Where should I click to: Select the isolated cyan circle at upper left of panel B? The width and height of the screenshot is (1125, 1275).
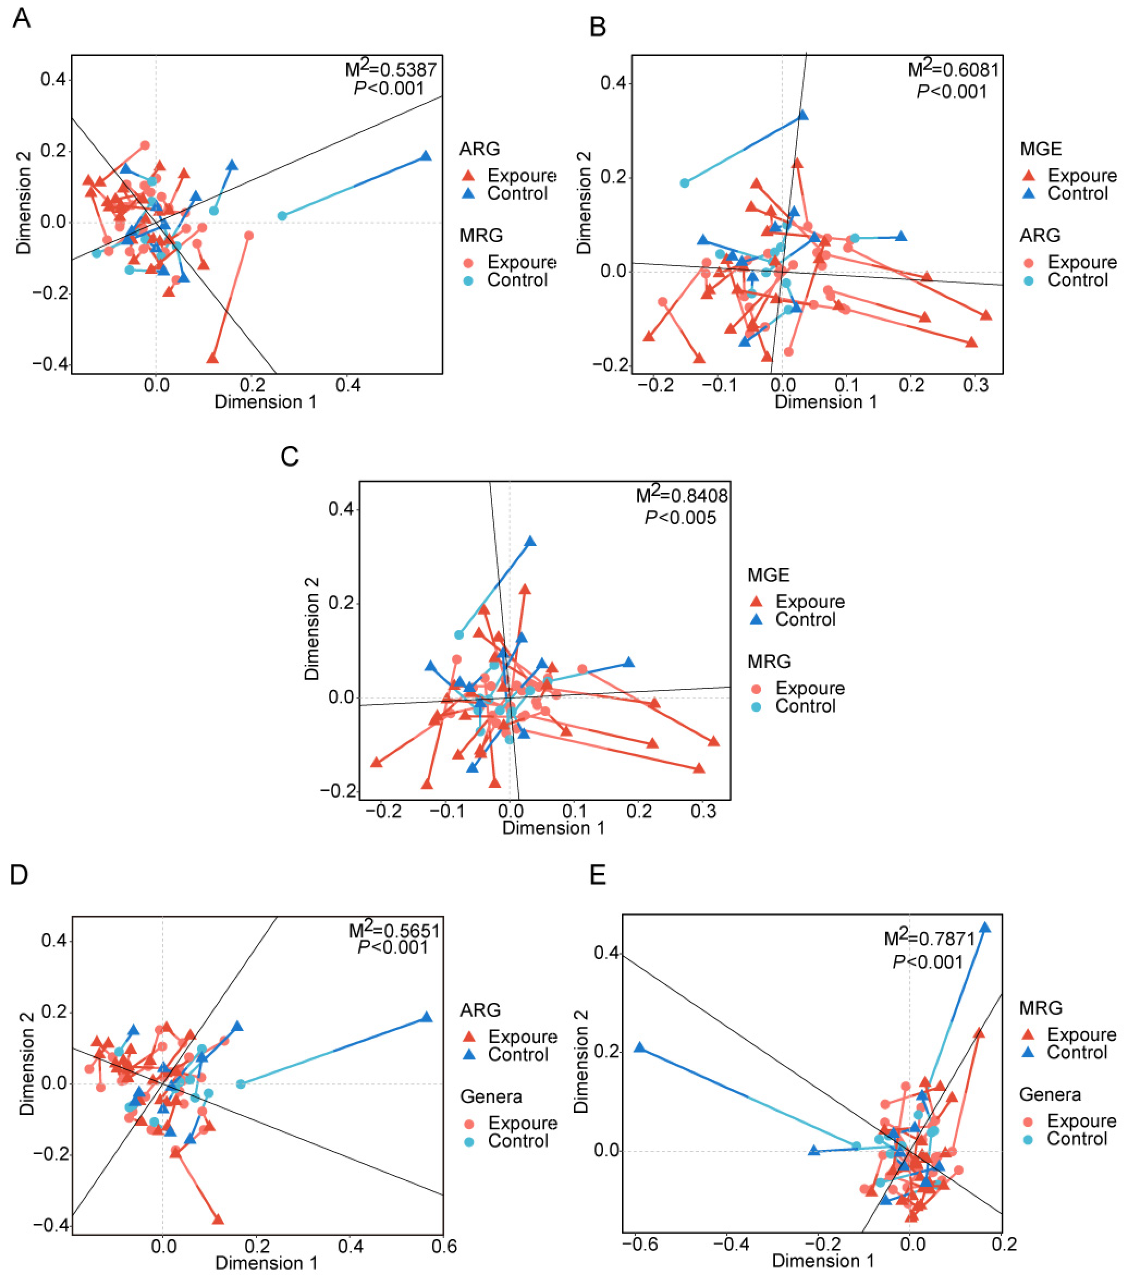point(684,183)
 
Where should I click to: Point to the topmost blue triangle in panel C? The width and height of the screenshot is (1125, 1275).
point(530,541)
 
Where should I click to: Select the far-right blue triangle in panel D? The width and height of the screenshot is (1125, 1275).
point(426,1017)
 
